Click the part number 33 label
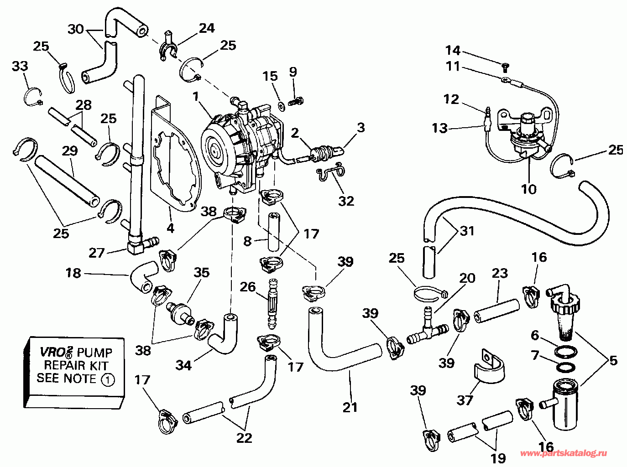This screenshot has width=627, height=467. [x=20, y=66]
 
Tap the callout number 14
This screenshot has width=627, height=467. [x=453, y=51]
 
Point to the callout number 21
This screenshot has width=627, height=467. [x=350, y=407]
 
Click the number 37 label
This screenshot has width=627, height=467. [x=465, y=400]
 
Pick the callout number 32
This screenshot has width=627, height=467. [x=346, y=201]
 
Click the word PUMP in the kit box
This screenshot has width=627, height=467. [x=95, y=353]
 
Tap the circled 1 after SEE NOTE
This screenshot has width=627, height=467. [x=108, y=379]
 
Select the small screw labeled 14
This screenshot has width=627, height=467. [x=505, y=67]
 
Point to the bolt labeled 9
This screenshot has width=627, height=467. [x=296, y=101]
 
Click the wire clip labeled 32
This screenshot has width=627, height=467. [x=331, y=172]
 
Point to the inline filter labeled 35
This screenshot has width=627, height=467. [x=180, y=313]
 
